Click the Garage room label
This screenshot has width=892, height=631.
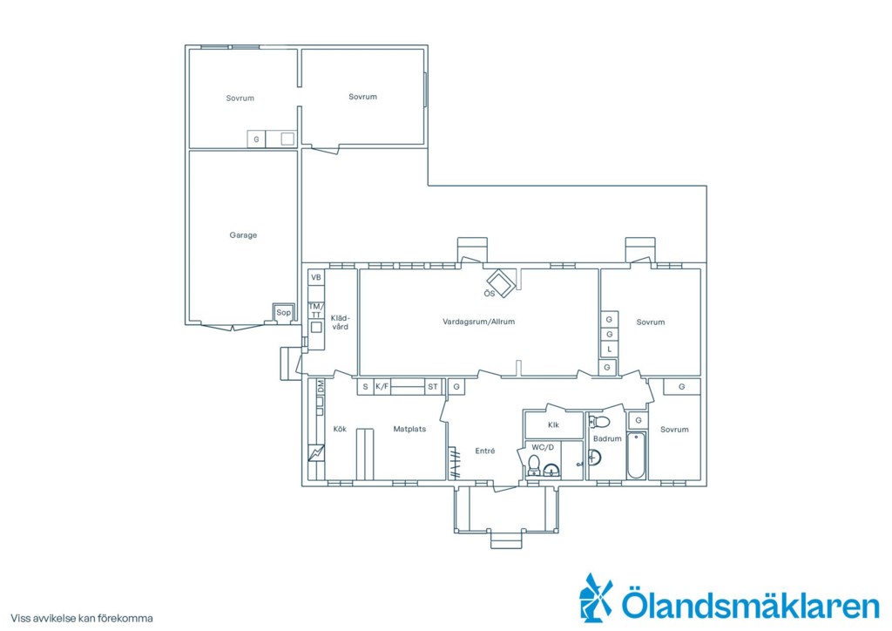tap(243, 235)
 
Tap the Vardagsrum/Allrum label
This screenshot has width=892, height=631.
tap(478, 322)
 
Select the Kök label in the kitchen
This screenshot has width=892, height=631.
tap(340, 429)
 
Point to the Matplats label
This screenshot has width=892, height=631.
tap(409, 429)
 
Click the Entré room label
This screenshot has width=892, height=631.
tap(484, 451)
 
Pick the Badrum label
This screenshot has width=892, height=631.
tap(607, 438)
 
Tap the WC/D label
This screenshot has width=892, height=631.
tap(542, 447)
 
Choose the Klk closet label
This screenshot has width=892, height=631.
tap(553, 424)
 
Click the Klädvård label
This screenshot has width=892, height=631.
tap(340, 322)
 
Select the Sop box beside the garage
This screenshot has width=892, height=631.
tap(283, 312)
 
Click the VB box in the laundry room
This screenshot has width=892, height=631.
tap(316, 277)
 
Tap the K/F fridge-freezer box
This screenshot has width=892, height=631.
tap(382, 387)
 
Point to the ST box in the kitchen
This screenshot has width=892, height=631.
tap(433, 387)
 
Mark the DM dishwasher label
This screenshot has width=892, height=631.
tap(321, 387)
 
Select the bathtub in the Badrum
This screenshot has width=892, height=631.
tap(636, 455)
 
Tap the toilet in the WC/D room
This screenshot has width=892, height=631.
tap(534, 466)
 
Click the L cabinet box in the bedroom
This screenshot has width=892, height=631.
tap(609, 349)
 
